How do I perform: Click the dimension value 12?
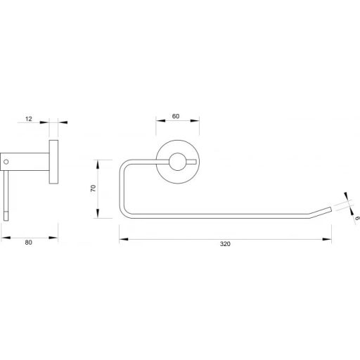pyautogui.click(x=29, y=119)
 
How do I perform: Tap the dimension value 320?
pyautogui.click(x=226, y=244)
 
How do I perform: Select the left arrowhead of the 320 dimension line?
pyautogui.click(x=122, y=238)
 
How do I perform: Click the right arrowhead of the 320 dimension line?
pyautogui.click(x=329, y=238)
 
